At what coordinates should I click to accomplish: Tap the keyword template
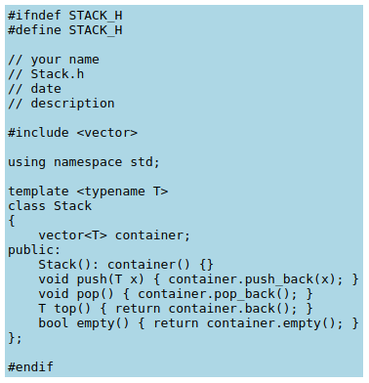38,191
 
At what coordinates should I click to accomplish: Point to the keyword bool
53,323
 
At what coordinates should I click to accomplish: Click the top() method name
68,309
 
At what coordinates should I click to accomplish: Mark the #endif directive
30,367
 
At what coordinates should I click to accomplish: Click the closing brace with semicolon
15,338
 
